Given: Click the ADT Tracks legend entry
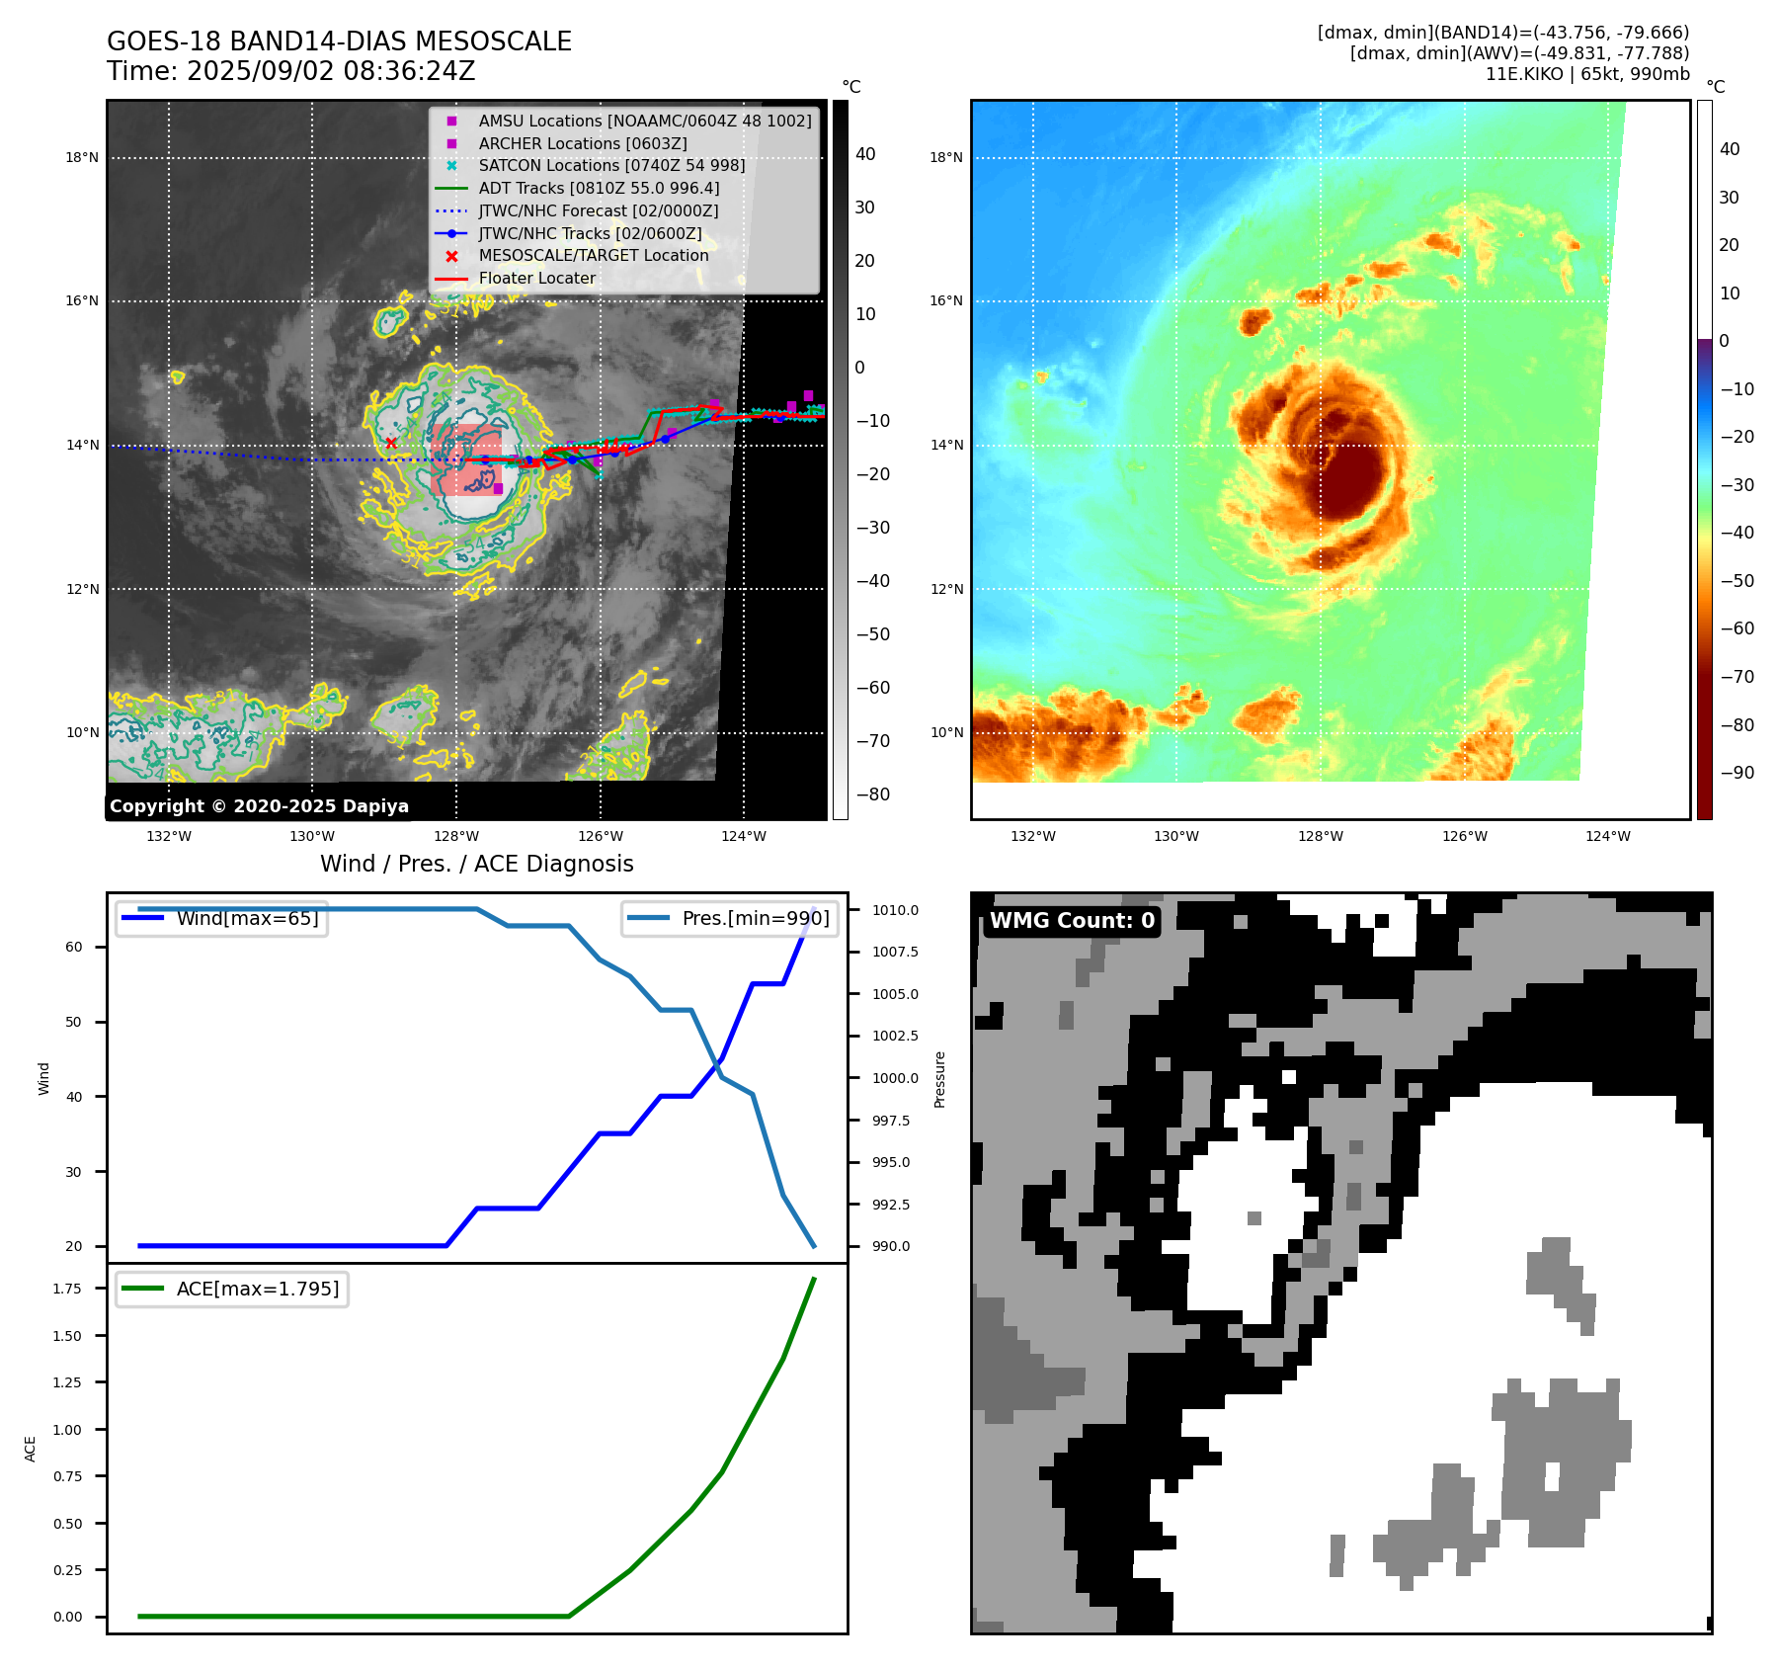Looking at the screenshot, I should click(599, 188).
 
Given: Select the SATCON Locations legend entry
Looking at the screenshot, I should click(611, 165).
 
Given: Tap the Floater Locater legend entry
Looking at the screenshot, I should click(536, 278).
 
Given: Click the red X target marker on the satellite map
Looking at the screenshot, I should click(391, 443).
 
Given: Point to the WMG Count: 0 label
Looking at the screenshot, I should click(1072, 920).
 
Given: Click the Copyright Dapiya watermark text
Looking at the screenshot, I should click(259, 805).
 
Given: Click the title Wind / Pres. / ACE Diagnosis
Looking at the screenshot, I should click(477, 864).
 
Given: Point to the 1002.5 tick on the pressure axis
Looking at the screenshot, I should click(895, 1036).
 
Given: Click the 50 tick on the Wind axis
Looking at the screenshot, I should click(74, 1022).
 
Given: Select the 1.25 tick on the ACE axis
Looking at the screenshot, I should click(67, 1381).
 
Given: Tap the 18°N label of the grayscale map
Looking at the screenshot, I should click(82, 157).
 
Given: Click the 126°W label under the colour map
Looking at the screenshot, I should click(1464, 836).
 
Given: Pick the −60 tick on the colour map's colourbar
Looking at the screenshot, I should click(1737, 628).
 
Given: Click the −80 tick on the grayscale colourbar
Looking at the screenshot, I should click(872, 793).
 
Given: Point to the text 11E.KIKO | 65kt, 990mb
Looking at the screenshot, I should click(1586, 74).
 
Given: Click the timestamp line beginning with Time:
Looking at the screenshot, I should click(291, 71).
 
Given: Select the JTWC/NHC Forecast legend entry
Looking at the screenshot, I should click(598, 210).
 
